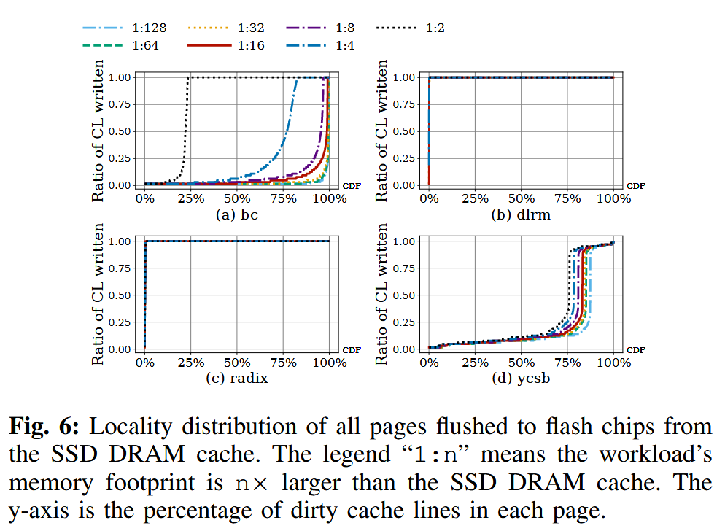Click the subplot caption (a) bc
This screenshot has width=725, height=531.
237,216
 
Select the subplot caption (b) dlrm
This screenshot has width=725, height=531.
521,216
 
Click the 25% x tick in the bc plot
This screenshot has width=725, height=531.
191,199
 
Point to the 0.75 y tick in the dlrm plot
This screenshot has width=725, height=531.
406,104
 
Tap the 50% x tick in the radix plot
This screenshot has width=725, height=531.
237,363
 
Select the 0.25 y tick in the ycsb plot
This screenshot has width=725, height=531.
406,322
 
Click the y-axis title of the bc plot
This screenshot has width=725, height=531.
98,131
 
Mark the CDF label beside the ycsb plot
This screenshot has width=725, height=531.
635,350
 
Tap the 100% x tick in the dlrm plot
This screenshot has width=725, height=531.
613,199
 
